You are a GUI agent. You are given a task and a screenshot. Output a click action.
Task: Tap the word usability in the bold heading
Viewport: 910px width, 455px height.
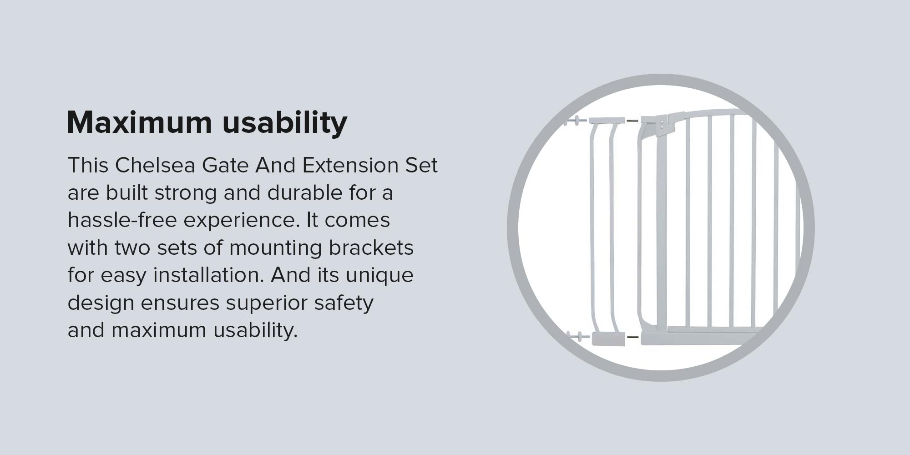pos(285,123)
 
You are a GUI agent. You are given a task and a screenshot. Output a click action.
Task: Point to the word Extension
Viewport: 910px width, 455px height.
pos(350,165)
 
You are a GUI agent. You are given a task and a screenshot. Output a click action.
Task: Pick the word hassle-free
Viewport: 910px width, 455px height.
pos(122,220)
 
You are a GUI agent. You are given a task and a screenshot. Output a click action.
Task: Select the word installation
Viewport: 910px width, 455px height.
pos(208,275)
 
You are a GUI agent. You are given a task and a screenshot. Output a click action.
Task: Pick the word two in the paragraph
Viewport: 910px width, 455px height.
pos(132,248)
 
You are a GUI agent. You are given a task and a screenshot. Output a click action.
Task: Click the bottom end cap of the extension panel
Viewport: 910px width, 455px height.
pos(608,339)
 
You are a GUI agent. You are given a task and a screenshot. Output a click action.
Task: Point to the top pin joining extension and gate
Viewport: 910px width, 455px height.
pos(632,121)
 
